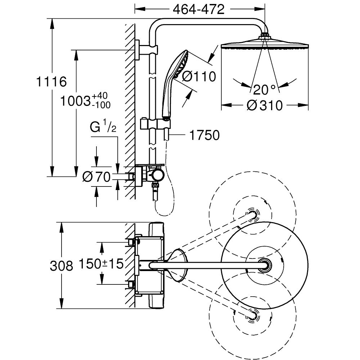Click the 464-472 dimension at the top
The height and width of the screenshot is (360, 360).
coord(198,9)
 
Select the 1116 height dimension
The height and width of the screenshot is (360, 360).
coord(51,82)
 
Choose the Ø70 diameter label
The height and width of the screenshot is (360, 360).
coord(96,177)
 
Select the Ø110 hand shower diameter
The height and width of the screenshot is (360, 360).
coord(198,76)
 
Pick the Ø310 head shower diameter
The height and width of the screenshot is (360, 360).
coord(265,105)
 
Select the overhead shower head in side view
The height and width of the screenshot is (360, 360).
coord(265,44)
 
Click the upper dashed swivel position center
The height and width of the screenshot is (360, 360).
coord(252,215)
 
